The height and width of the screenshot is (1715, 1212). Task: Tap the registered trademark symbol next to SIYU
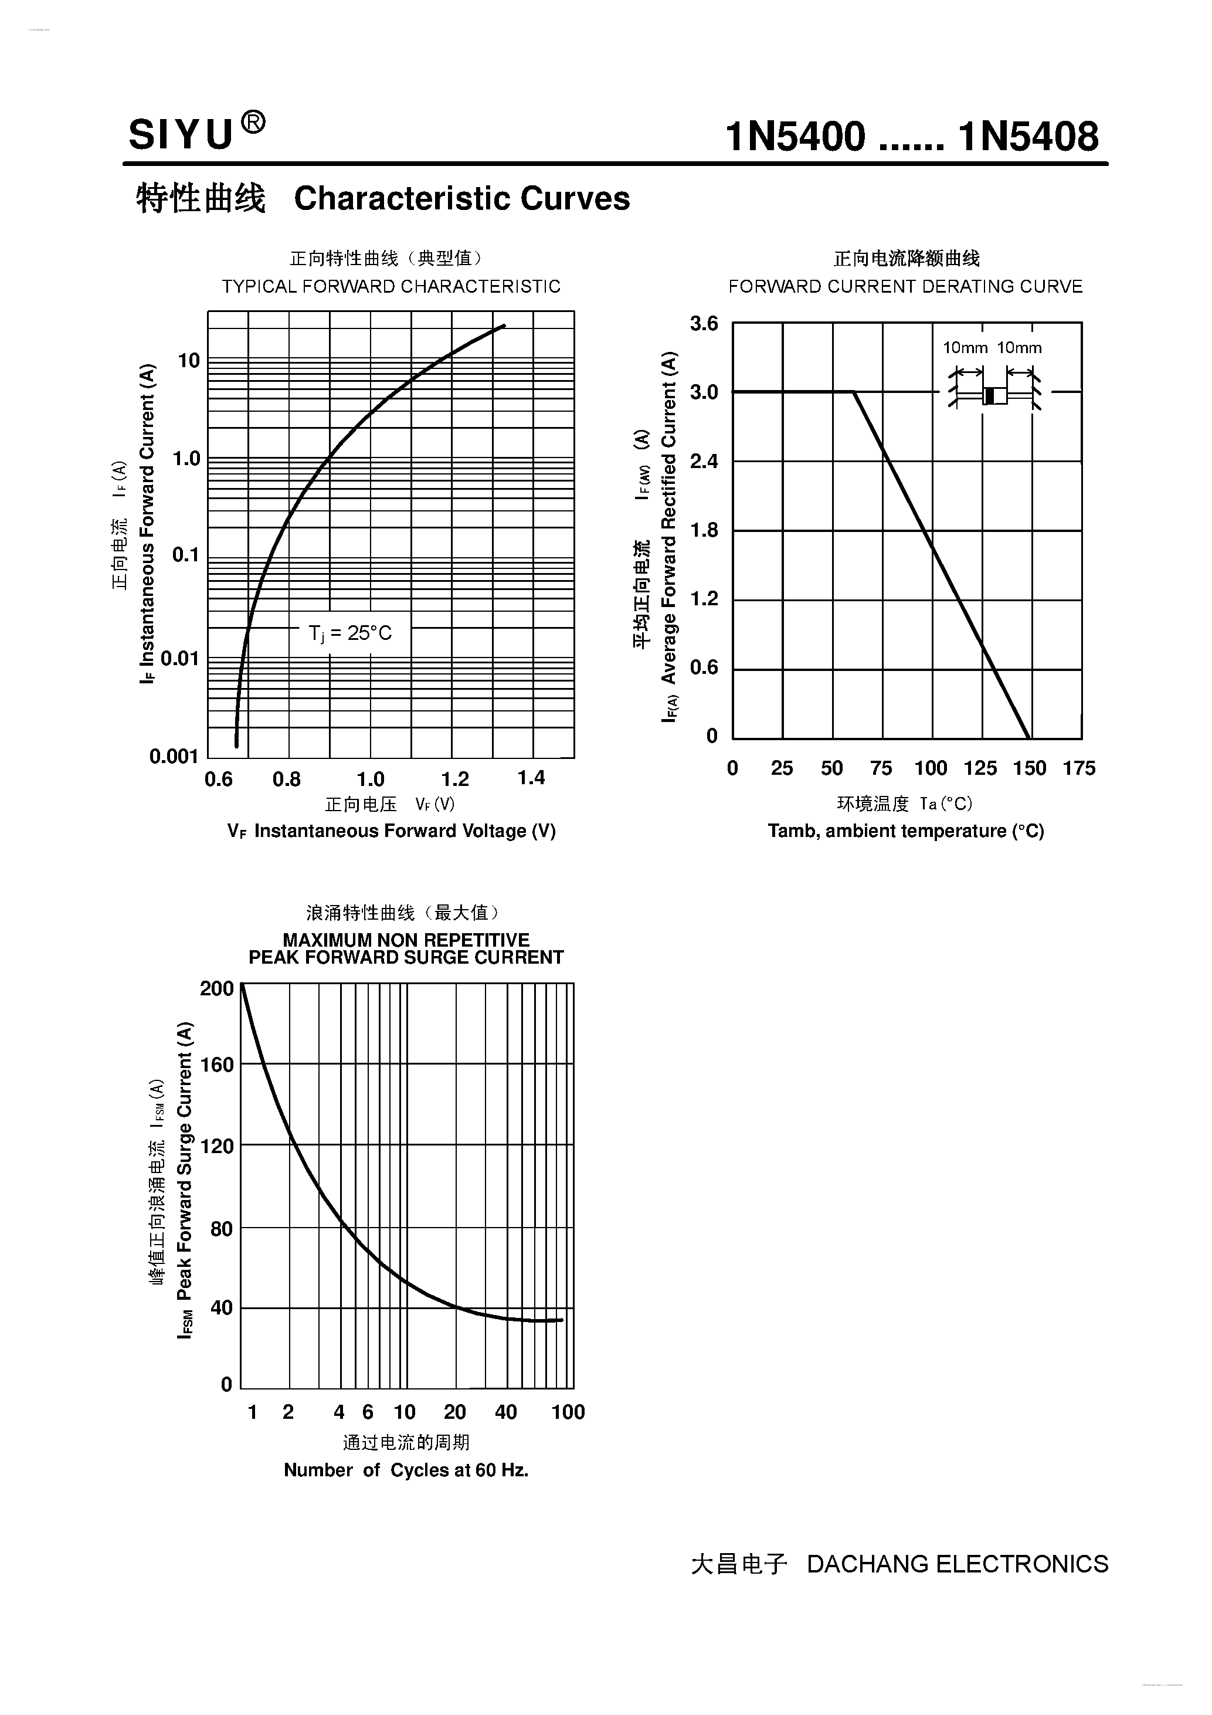click(253, 122)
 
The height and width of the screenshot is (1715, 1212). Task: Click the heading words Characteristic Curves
click(461, 199)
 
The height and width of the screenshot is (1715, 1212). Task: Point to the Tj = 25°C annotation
click(350, 633)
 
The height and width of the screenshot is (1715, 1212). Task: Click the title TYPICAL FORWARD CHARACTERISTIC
click(391, 286)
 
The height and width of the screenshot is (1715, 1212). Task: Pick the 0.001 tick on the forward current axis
click(174, 757)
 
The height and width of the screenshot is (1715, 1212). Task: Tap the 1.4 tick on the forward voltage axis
click(531, 778)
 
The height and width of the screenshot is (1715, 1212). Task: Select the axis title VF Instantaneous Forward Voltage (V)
click(391, 831)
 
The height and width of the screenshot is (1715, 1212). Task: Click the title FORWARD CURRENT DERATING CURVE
click(905, 287)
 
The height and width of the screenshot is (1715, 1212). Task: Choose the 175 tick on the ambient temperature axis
click(1079, 768)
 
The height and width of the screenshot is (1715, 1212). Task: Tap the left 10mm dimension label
click(965, 348)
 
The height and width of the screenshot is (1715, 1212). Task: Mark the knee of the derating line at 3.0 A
click(854, 391)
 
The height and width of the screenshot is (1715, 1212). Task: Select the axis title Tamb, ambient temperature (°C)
click(905, 831)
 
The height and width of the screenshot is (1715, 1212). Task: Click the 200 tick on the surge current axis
click(216, 989)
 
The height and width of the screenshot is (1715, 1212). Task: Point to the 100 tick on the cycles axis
click(568, 1412)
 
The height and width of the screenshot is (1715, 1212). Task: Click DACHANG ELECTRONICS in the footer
click(958, 1564)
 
